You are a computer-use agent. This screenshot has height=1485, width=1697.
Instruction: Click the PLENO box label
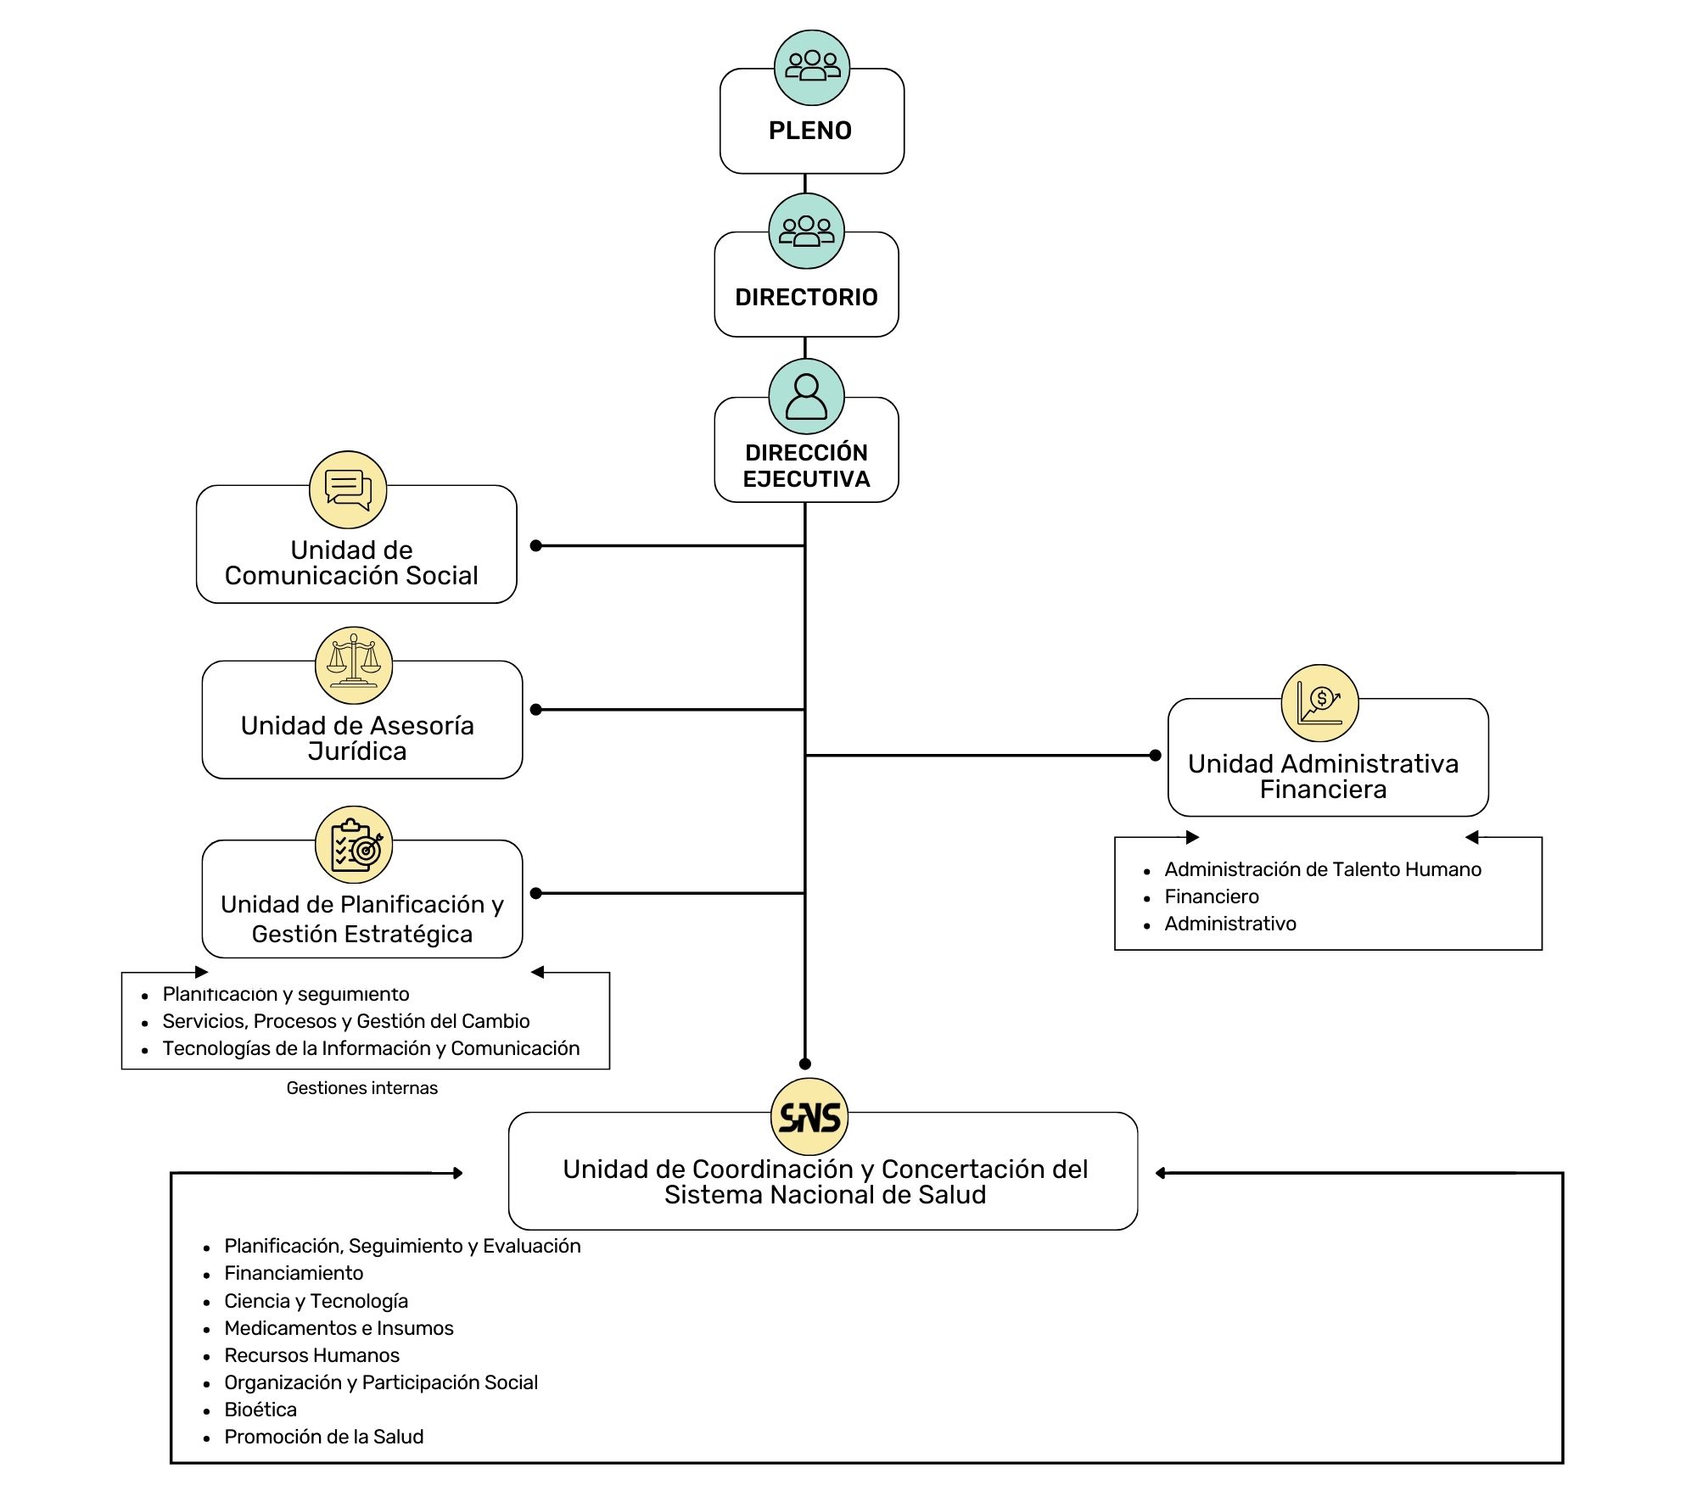click(x=810, y=131)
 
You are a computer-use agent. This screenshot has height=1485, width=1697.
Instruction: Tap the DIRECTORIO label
click(x=806, y=297)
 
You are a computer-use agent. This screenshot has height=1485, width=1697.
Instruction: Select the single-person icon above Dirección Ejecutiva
click(x=806, y=397)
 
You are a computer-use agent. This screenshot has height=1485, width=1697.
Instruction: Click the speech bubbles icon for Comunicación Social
click(x=348, y=490)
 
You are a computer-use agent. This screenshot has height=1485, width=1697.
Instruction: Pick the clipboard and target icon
click(x=354, y=845)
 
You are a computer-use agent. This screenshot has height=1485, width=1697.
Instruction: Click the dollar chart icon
click(x=1319, y=703)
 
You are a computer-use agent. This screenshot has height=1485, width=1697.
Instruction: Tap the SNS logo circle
click(x=809, y=1117)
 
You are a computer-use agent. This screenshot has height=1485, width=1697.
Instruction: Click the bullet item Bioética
click(x=260, y=1410)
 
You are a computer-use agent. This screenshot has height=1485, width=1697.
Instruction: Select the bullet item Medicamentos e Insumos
click(x=339, y=1328)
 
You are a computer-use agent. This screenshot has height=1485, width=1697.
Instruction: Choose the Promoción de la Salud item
click(x=323, y=1437)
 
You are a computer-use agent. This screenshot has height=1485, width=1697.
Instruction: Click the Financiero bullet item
click(x=1212, y=896)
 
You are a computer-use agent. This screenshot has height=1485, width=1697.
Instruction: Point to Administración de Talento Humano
click(x=1323, y=869)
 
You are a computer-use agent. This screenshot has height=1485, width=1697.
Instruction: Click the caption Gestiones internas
click(x=362, y=1088)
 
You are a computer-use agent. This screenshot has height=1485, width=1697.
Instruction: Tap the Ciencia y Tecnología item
click(x=316, y=1301)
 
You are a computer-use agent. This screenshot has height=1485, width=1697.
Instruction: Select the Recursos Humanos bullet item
click(x=311, y=1355)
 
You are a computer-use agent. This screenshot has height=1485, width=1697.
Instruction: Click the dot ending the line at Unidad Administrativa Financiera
click(x=1155, y=755)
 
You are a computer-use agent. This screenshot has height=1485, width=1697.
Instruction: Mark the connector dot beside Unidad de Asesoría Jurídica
click(x=535, y=709)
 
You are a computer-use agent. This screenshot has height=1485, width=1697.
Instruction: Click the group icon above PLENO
click(x=812, y=68)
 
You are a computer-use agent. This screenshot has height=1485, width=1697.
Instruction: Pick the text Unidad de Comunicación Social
click(x=351, y=563)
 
